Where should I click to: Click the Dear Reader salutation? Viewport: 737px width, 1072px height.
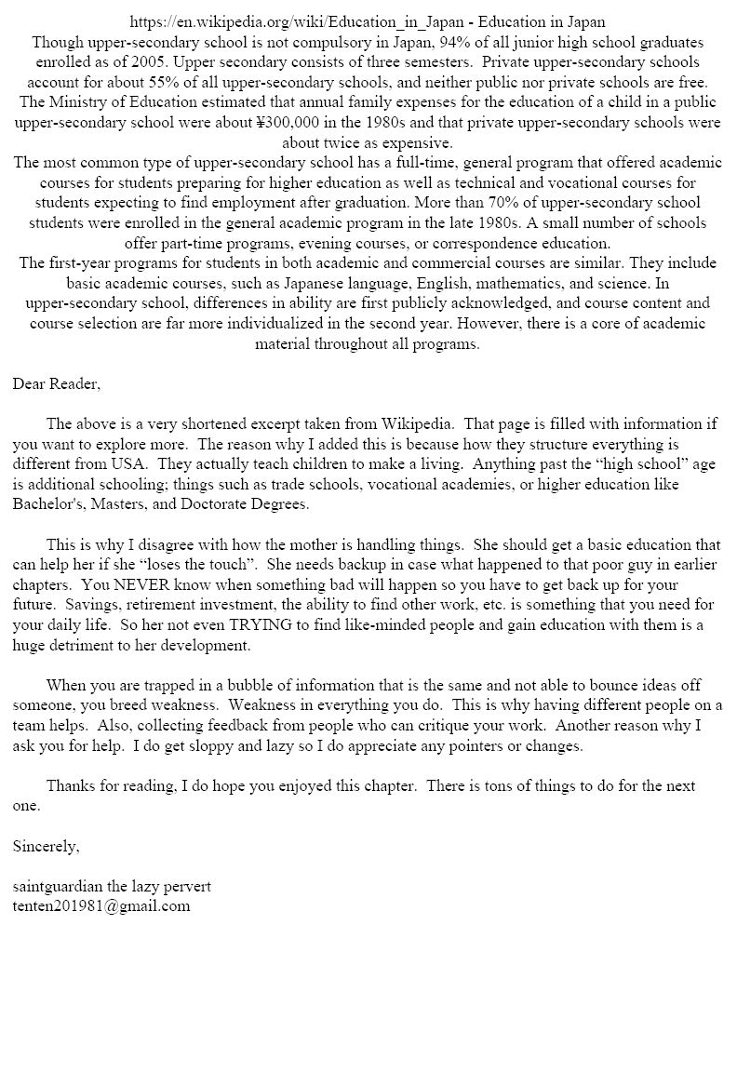[56, 383]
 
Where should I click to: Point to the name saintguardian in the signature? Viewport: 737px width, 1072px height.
[59, 886]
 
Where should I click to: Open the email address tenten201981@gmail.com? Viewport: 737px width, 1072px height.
[101, 906]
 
